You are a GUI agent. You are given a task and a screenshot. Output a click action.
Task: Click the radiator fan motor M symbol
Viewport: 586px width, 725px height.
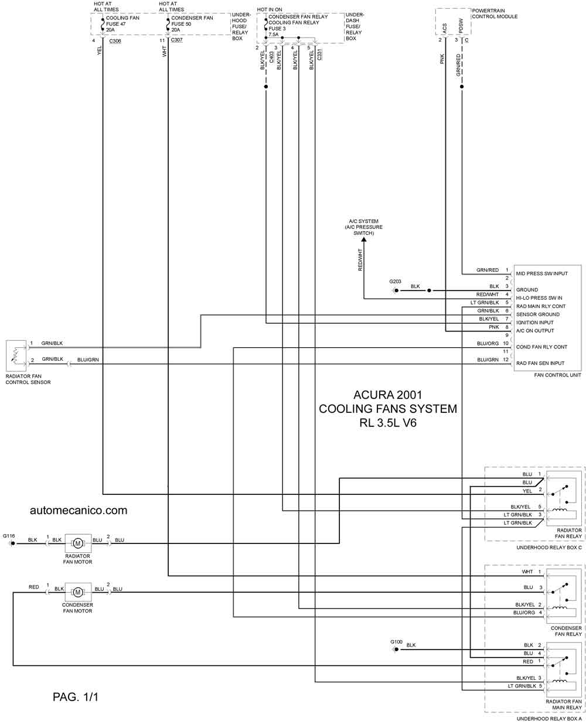click(77, 543)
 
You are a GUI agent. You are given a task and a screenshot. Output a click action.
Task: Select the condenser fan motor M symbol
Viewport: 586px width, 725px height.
click(77, 592)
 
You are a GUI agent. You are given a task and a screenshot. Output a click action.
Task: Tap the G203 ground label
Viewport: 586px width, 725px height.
click(396, 281)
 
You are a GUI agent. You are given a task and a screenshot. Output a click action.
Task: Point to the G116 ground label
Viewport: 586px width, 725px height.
click(9, 535)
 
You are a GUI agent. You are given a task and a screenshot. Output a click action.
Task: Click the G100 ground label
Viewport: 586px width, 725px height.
click(397, 641)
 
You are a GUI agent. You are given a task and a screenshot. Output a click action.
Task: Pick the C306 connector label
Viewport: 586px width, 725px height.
click(114, 41)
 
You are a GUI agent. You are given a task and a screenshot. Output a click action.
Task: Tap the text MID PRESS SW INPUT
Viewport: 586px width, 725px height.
click(542, 273)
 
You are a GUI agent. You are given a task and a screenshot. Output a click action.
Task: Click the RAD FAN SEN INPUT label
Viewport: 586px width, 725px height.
click(540, 363)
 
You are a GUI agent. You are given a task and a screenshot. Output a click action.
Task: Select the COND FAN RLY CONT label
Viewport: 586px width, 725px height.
click(541, 347)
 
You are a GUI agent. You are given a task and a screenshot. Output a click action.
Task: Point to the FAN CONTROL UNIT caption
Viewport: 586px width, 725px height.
click(557, 375)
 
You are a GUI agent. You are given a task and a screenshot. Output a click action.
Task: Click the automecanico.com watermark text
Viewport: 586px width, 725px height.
click(78, 510)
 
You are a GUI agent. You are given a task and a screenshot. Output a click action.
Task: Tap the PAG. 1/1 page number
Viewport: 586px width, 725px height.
click(75, 696)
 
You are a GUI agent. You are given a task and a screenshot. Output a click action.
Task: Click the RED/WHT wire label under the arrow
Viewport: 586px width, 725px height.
click(360, 259)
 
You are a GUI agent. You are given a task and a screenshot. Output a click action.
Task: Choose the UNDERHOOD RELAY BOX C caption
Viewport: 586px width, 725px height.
click(549, 548)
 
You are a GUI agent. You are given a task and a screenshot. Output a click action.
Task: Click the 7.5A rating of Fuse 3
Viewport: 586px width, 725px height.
click(274, 35)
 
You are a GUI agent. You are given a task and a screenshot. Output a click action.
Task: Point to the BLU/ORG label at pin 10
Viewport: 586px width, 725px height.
click(488, 343)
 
